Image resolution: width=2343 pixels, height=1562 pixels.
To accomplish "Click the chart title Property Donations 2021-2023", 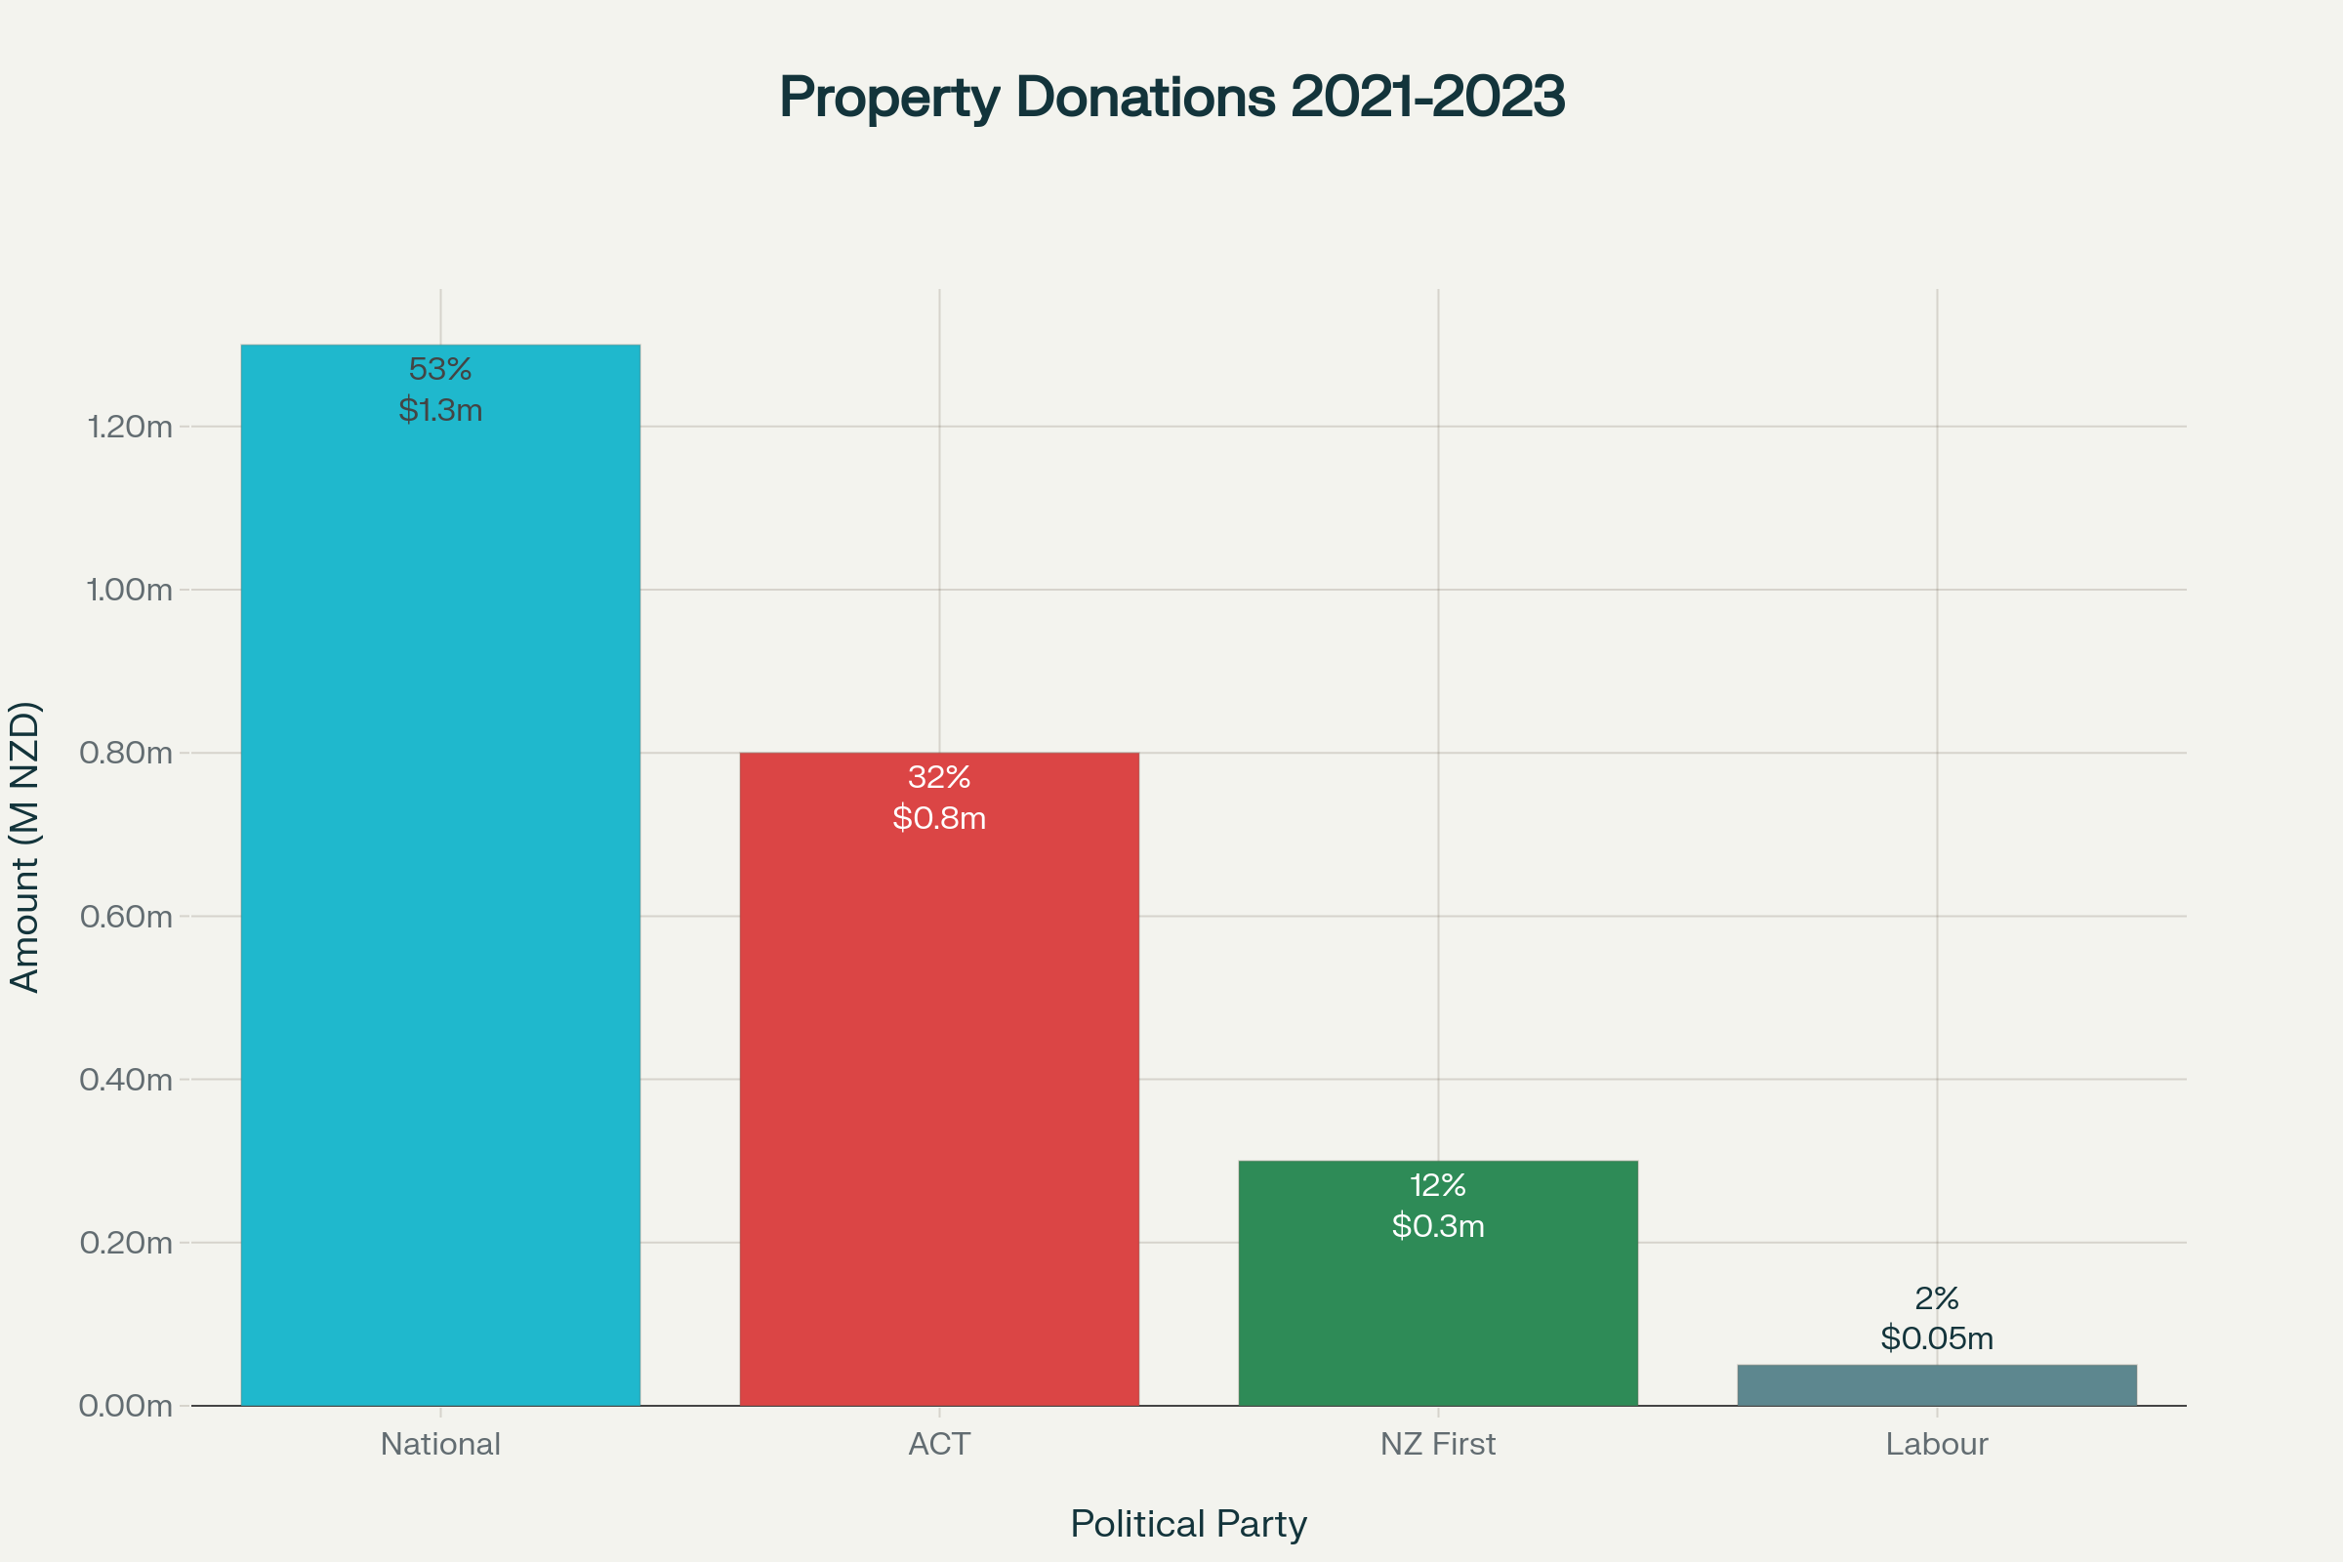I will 1171,98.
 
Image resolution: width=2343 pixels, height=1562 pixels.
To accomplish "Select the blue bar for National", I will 440,896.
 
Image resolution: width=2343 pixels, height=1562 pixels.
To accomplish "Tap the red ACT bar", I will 938,1095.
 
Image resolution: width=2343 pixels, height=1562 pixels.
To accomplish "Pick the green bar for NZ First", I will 1437,1315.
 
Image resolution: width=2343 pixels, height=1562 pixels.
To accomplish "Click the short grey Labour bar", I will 1937,1385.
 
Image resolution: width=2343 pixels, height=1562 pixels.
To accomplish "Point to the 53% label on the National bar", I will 440,370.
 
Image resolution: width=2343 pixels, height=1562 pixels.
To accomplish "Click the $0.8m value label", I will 938,818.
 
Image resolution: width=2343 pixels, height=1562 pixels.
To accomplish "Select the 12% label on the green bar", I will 1437,1185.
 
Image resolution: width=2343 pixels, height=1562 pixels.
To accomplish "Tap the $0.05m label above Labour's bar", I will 1937,1337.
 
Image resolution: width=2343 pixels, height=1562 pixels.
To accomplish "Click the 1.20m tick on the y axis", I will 130,428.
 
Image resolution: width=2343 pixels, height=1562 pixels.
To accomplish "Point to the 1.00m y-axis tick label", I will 130,590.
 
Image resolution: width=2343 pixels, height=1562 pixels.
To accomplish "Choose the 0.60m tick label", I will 127,917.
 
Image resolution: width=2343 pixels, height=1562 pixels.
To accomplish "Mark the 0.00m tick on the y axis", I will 127,1406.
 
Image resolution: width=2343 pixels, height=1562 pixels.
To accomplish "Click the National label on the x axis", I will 440,1444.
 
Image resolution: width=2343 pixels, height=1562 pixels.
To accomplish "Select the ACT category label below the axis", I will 938,1444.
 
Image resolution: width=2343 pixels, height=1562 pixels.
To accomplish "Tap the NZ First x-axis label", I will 1437,1444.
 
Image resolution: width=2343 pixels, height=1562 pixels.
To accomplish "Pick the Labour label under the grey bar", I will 1937,1444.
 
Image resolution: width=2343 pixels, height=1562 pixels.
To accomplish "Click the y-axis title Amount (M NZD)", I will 25,847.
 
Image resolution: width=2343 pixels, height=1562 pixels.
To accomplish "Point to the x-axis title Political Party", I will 1188,1524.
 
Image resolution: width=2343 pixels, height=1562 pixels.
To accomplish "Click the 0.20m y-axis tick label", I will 127,1243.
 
